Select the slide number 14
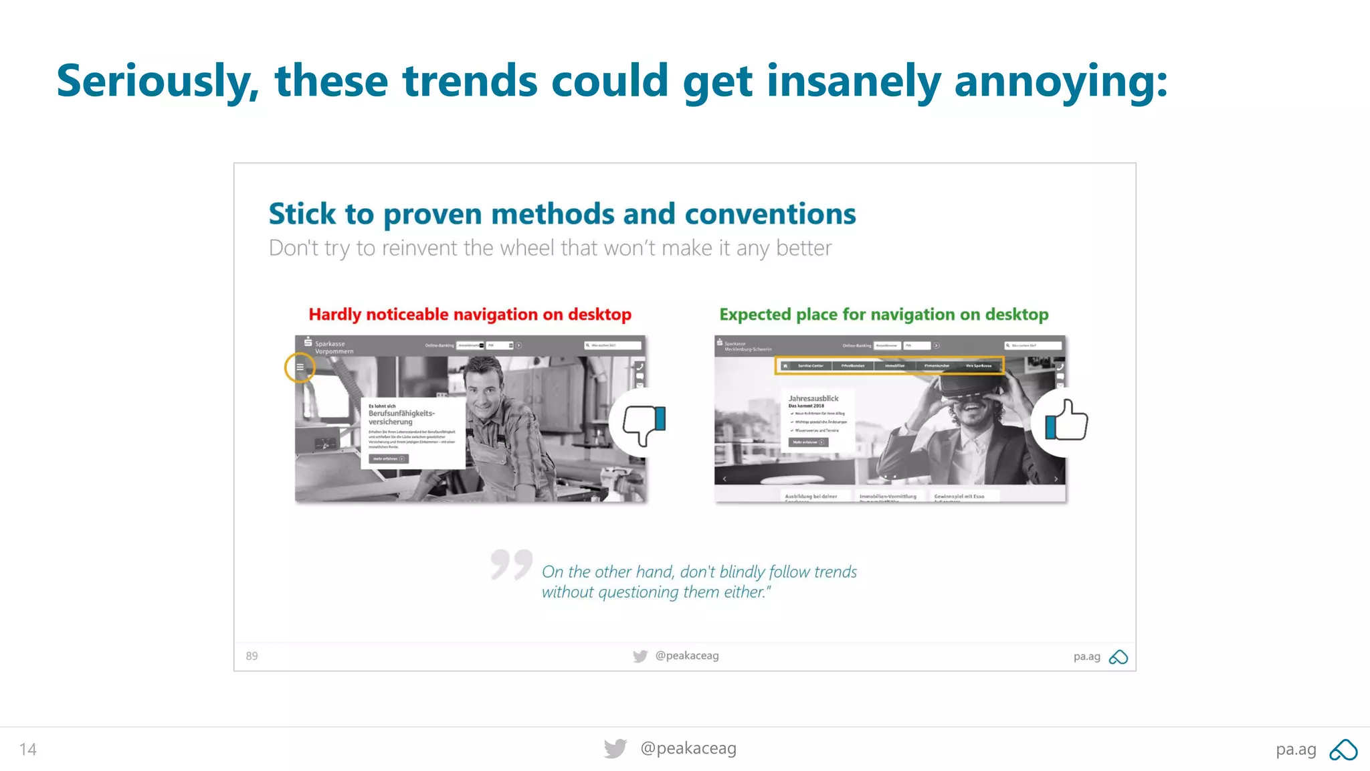(28, 749)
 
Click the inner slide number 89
(252, 656)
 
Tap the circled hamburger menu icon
(300, 367)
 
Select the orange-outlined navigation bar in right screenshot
(890, 365)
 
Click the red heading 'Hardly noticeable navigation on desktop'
(470, 315)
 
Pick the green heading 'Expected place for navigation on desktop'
(884, 315)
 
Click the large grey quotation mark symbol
(511, 564)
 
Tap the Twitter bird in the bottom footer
(615, 748)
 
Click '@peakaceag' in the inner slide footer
(687, 656)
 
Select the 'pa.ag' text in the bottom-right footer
(1296, 750)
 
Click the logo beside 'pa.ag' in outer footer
(1343, 750)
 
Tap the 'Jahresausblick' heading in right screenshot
(813, 398)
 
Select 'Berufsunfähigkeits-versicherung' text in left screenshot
(401, 417)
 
